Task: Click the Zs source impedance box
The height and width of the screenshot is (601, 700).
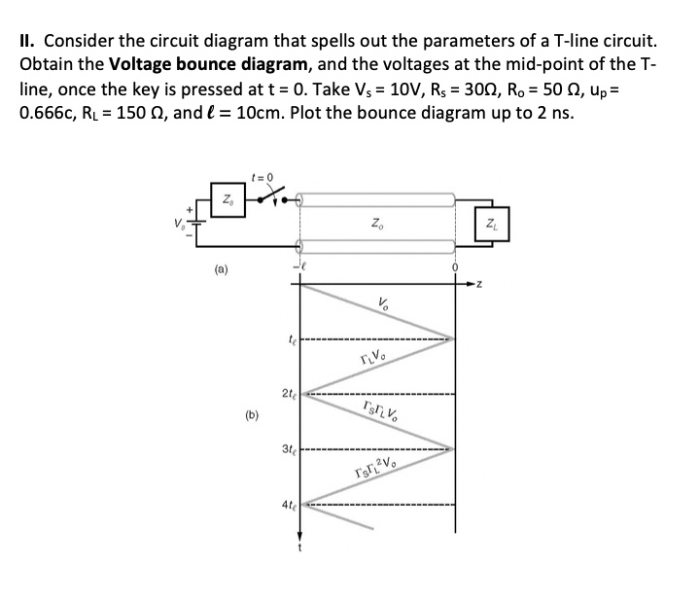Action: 227,203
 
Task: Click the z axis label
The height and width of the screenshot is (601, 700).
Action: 477,284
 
